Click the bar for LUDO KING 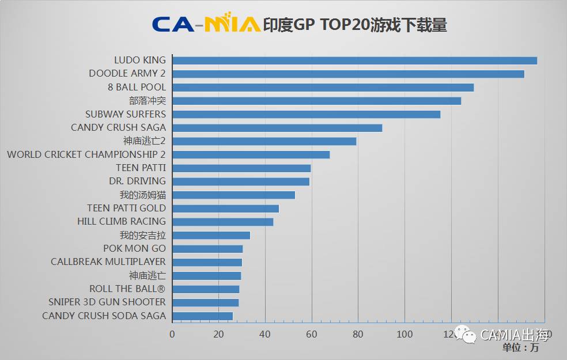(354, 60)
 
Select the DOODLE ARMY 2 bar (348, 74)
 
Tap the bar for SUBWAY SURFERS (306, 114)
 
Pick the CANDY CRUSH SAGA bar (277, 128)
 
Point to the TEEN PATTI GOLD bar (225, 209)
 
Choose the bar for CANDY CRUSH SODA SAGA (202, 316)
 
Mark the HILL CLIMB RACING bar (222, 222)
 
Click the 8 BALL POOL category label (137, 87)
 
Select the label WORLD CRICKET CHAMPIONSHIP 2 (86, 154)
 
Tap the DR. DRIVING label (137, 181)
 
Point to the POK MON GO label (134, 248)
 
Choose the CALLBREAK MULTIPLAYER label (108, 262)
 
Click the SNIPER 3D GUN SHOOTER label (107, 302)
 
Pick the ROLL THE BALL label (127, 289)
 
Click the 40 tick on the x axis (265, 334)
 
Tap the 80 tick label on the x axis (358, 334)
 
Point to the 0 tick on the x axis (172, 334)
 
